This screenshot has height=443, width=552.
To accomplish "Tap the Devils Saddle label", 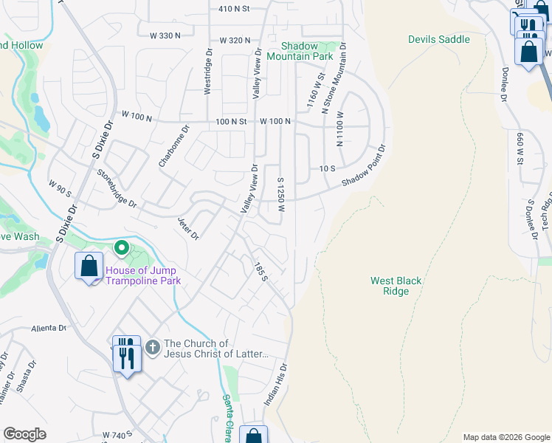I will pos(439,39).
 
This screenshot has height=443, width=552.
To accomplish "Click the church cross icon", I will pos(153,346).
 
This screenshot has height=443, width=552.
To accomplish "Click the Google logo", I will pos(24,434).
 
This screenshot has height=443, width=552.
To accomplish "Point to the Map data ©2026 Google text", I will pos(506,437).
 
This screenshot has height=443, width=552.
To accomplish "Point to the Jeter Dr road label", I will pos(188,228).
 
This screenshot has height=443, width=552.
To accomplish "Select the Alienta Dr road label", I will pos(49,328).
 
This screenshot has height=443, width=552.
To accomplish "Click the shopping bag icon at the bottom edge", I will pos(254,436).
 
